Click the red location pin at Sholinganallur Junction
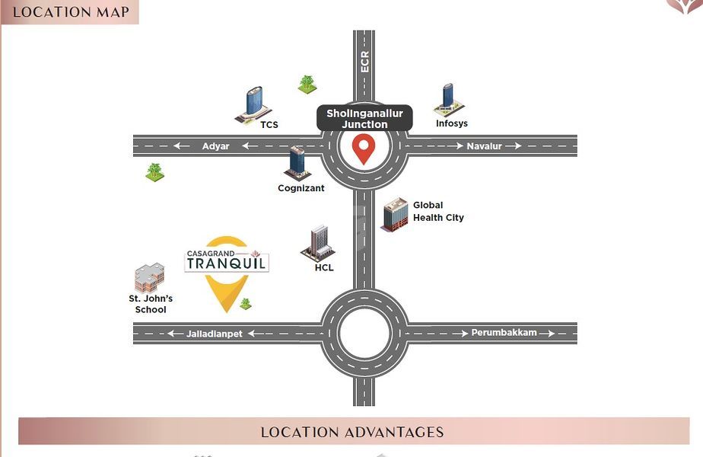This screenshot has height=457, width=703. click(x=364, y=149)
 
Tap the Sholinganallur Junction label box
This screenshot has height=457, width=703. click(x=364, y=119)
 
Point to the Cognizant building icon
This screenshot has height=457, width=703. click(x=297, y=163)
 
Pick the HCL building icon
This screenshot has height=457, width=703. click(x=318, y=243)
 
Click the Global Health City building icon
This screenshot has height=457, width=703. click(x=395, y=214)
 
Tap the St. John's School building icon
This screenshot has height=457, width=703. click(x=149, y=279)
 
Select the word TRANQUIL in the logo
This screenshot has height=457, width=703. click(x=227, y=264)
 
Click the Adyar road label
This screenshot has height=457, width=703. click(x=215, y=146)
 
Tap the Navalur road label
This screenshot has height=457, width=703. click(x=485, y=146)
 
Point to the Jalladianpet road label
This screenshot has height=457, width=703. click(x=215, y=334)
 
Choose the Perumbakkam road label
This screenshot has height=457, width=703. click(x=503, y=333)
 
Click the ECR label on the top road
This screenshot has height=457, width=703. click(x=364, y=62)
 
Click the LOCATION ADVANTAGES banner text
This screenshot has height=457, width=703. click(x=352, y=432)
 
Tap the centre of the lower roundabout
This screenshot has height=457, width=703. click(x=364, y=334)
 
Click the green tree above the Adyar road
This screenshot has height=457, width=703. click(x=307, y=84)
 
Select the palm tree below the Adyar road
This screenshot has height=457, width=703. click(x=154, y=171)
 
